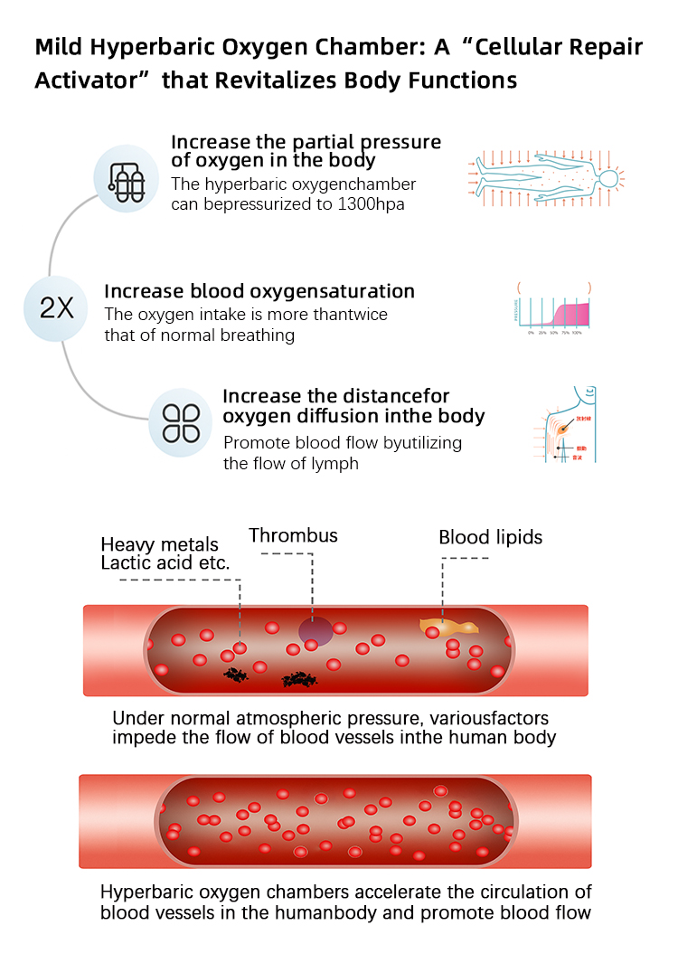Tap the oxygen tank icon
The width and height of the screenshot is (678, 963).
point(127,180)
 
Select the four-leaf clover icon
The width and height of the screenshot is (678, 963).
point(180,422)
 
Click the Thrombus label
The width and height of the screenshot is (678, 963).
point(293,535)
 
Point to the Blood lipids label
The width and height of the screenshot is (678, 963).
point(491,537)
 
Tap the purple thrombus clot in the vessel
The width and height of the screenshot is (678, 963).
point(315,629)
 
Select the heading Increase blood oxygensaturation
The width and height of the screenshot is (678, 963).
point(259,291)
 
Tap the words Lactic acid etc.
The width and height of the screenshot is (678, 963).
point(165,562)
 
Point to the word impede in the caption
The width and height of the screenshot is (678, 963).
point(143,737)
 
